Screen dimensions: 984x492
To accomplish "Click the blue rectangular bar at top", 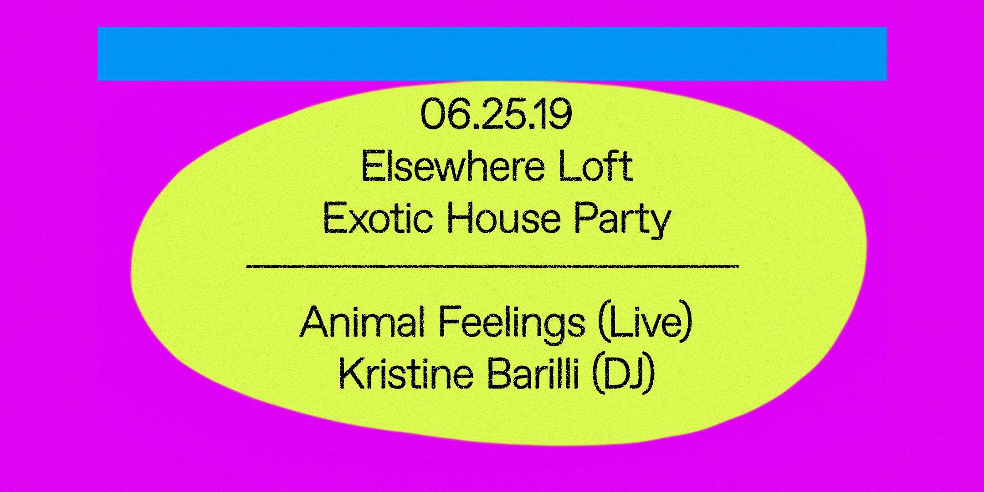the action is click(492, 54).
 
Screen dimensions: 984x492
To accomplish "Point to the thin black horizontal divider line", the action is click(492, 266).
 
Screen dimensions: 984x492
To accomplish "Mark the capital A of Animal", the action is click(314, 322).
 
